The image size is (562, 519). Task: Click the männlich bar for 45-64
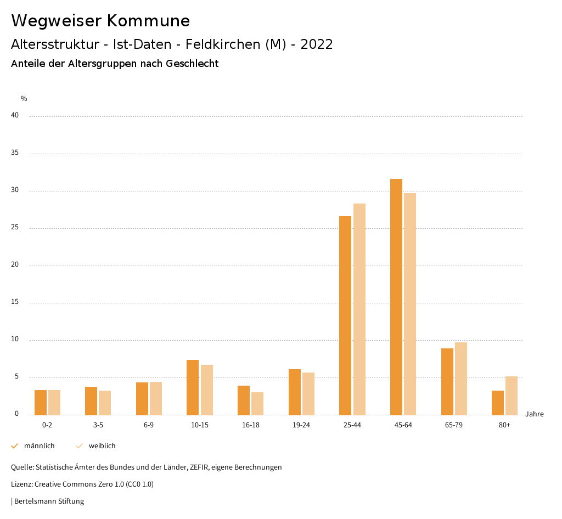tap(396, 297)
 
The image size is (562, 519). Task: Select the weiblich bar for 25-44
tap(359, 309)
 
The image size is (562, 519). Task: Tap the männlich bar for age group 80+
tap(498, 403)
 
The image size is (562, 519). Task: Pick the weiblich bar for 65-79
tap(461, 379)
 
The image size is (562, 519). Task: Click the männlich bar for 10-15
tap(193, 387)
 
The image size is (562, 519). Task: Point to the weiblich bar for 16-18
tap(257, 403)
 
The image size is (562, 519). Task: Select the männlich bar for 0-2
tap(41, 402)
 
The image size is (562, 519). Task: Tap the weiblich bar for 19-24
tap(308, 393)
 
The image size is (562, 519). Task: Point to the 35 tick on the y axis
tap(15, 153)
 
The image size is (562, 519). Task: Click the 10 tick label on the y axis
tap(15, 340)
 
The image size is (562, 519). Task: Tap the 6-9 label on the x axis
tap(149, 425)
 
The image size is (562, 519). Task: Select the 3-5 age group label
tap(98, 425)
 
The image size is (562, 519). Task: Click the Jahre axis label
tap(535, 414)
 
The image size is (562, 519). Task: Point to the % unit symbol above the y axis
tap(24, 99)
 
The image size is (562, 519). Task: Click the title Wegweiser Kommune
tap(100, 21)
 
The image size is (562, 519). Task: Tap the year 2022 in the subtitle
tap(317, 44)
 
